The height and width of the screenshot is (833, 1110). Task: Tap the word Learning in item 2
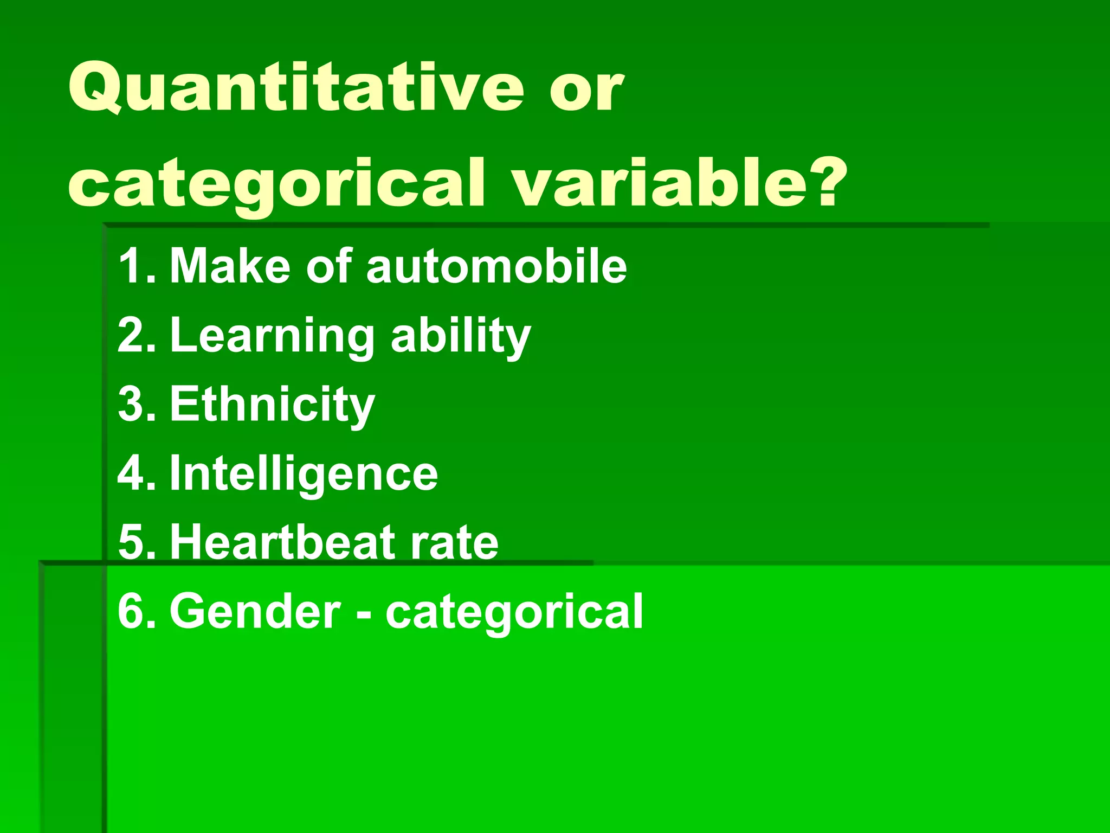272,336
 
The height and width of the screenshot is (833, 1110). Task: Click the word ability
461,336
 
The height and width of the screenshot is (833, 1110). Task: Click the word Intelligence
304,474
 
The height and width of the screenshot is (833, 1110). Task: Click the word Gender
255,612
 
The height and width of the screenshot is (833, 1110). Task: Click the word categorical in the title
276,184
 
